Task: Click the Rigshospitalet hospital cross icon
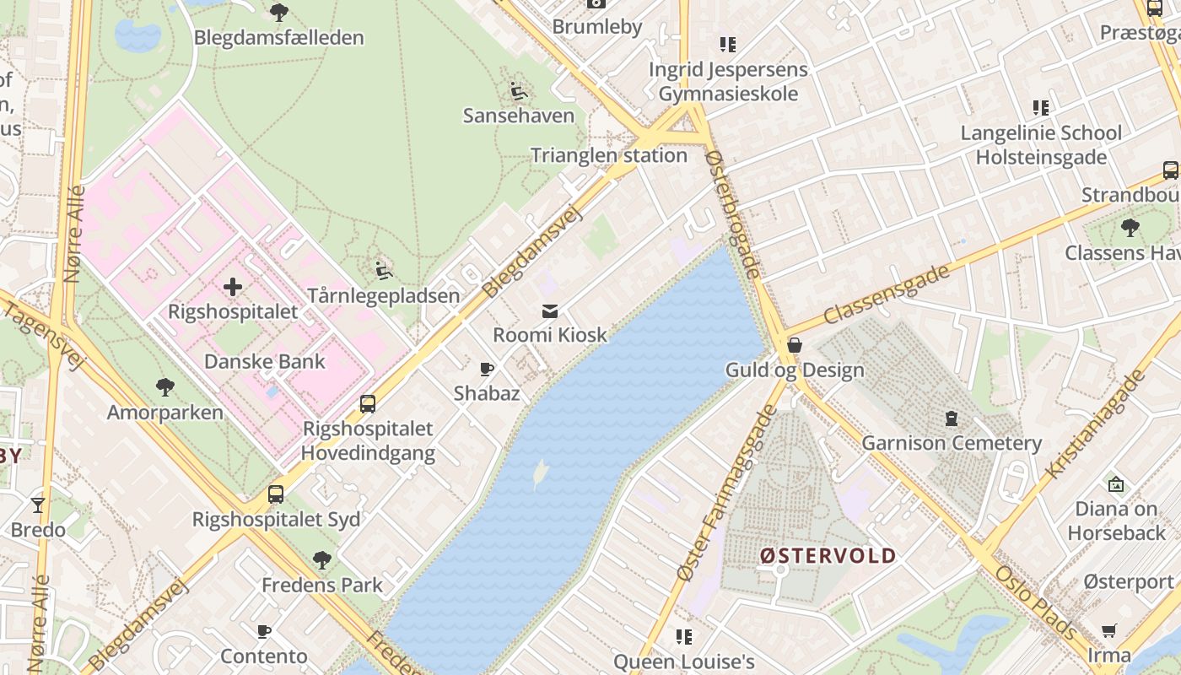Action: [233, 287]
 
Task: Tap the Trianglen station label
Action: [608, 155]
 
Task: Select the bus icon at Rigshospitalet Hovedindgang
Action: [368, 403]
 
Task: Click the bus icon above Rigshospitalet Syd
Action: [276, 494]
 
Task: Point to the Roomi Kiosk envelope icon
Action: [550, 311]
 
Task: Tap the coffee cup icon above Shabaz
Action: [487, 369]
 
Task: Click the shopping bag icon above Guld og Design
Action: [795, 345]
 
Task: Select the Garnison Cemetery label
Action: [952, 443]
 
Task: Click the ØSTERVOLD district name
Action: [828, 555]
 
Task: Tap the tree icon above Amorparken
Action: [165, 387]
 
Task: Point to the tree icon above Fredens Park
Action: [321, 559]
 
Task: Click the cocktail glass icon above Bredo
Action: [38, 505]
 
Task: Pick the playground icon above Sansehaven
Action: [518, 89]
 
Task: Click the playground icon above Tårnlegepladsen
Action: [384, 270]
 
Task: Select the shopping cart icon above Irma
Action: [1108, 631]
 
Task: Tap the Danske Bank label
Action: [265, 362]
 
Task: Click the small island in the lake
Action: [540, 474]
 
